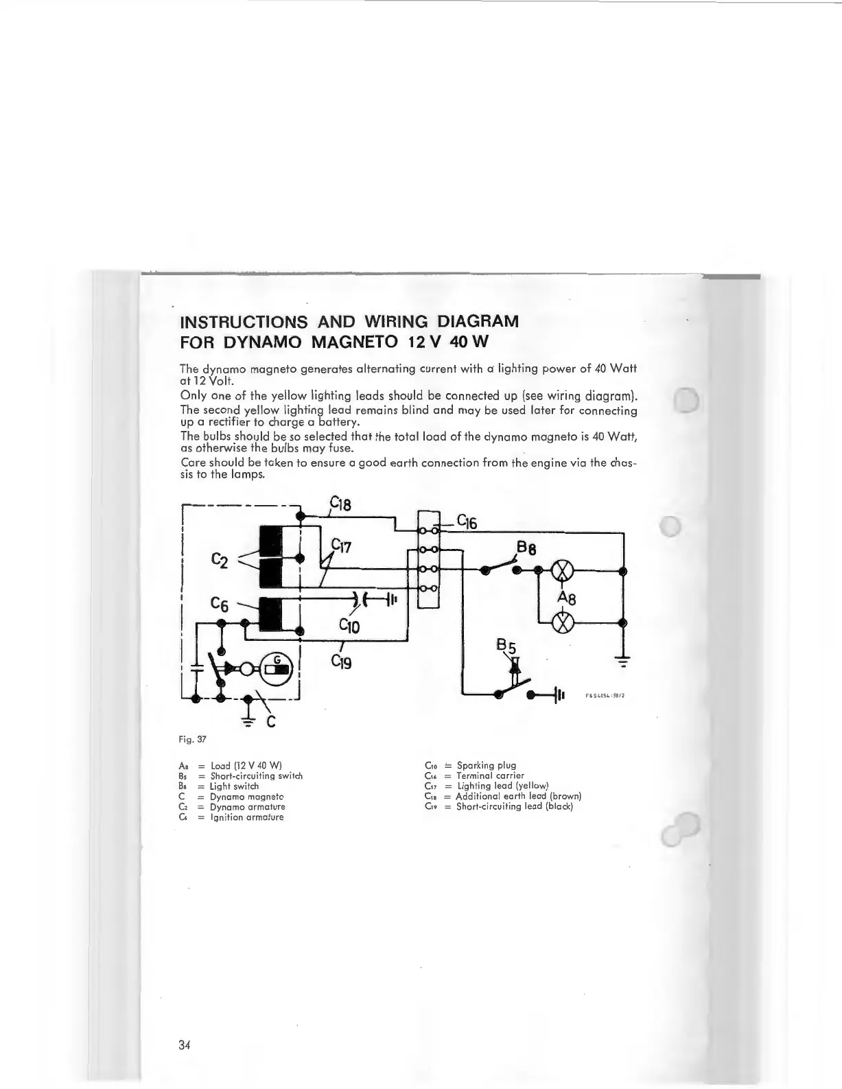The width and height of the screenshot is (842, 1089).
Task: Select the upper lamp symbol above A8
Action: coord(563,570)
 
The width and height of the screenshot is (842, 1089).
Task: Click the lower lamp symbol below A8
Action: coord(563,623)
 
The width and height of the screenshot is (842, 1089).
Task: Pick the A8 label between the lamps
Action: coord(566,597)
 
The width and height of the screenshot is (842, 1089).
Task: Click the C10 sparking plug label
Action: coord(349,625)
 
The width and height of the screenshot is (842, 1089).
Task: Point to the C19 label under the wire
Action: coord(341,662)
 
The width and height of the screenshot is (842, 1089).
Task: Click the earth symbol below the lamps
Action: coord(623,661)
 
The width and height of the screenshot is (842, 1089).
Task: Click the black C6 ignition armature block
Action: coord(271,613)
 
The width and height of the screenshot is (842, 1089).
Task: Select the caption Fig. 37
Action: coord(192,740)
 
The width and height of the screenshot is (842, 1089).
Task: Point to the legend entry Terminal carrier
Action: coord(490,775)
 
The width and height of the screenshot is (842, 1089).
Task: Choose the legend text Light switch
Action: coord(235,786)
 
